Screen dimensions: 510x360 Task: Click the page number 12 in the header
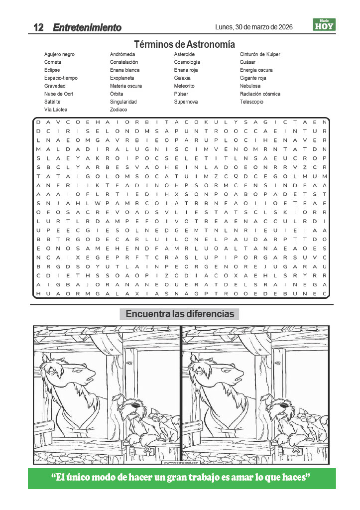(x=38, y=27)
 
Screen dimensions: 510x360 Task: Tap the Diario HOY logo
(x=324, y=24)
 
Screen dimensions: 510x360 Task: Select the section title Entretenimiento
(x=87, y=27)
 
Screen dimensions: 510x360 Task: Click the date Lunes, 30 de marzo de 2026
(x=254, y=27)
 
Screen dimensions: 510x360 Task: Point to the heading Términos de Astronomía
(x=184, y=44)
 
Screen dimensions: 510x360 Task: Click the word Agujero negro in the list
(x=59, y=54)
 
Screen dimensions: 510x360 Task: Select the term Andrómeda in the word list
(x=122, y=54)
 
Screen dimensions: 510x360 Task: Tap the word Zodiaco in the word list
(x=119, y=110)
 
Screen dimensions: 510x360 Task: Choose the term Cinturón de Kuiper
(x=260, y=54)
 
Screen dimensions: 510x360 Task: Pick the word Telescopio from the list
(x=251, y=102)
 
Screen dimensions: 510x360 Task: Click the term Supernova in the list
(x=186, y=102)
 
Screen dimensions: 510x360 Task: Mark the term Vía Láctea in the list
(x=56, y=110)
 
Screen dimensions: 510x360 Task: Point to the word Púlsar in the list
(x=181, y=94)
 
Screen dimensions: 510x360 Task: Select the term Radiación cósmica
(x=260, y=94)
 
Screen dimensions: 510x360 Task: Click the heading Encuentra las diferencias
(x=180, y=314)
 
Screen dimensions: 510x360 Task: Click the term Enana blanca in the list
(x=124, y=70)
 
